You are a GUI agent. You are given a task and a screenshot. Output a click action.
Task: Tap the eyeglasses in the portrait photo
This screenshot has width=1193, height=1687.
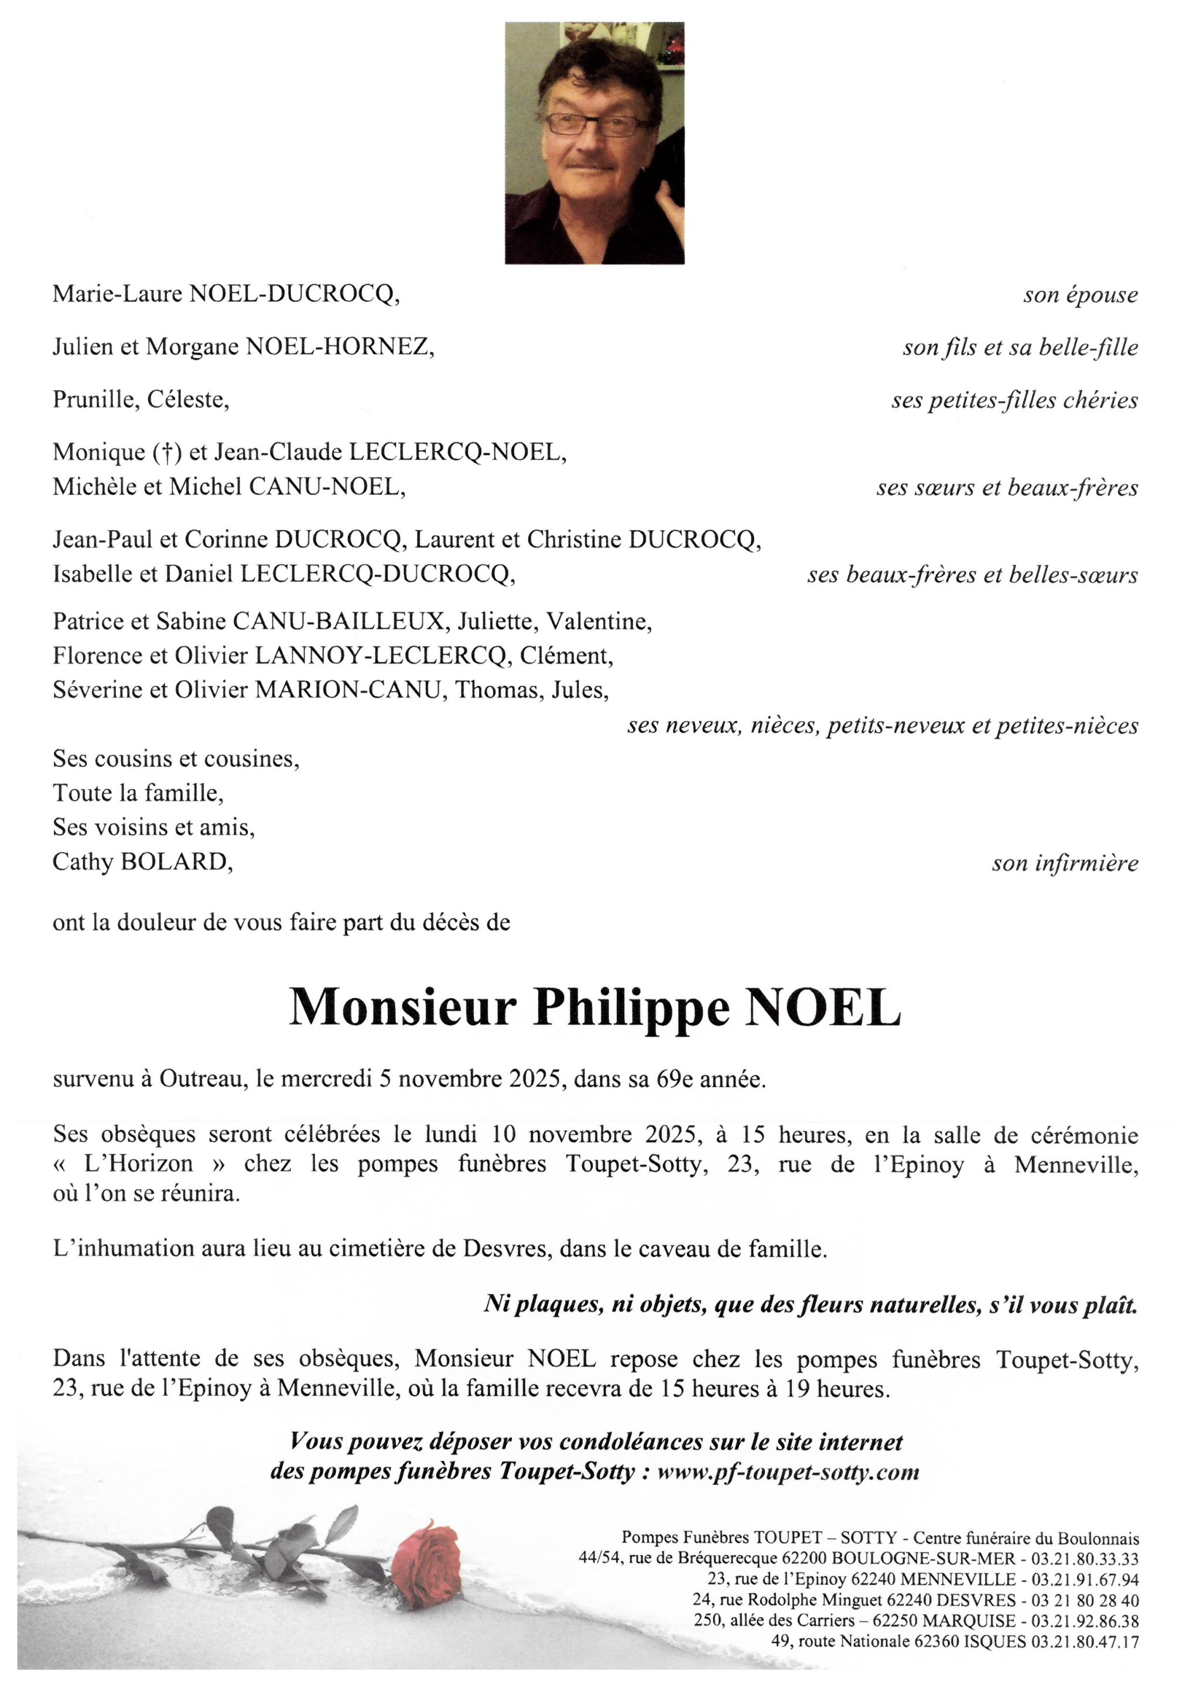coord(592,124)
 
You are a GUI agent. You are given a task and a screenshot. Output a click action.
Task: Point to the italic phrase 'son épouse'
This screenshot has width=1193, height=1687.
coord(1080,295)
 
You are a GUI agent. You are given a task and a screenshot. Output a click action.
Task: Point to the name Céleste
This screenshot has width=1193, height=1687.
coord(188,401)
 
